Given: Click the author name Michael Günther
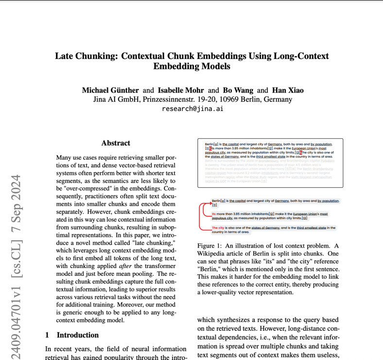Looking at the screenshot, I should [110, 90].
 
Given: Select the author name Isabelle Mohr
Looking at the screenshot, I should [181, 90].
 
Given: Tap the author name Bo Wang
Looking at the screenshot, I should [238, 90].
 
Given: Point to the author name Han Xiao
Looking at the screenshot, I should [287, 90].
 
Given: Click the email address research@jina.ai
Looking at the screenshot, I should [192, 108].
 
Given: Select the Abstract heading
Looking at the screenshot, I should [116, 143].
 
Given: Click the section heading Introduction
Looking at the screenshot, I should [77, 335].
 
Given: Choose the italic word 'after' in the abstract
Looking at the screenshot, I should [125, 266].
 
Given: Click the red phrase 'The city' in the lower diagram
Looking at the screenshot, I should [218, 228].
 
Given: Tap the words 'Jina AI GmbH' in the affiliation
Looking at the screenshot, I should [115, 99].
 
